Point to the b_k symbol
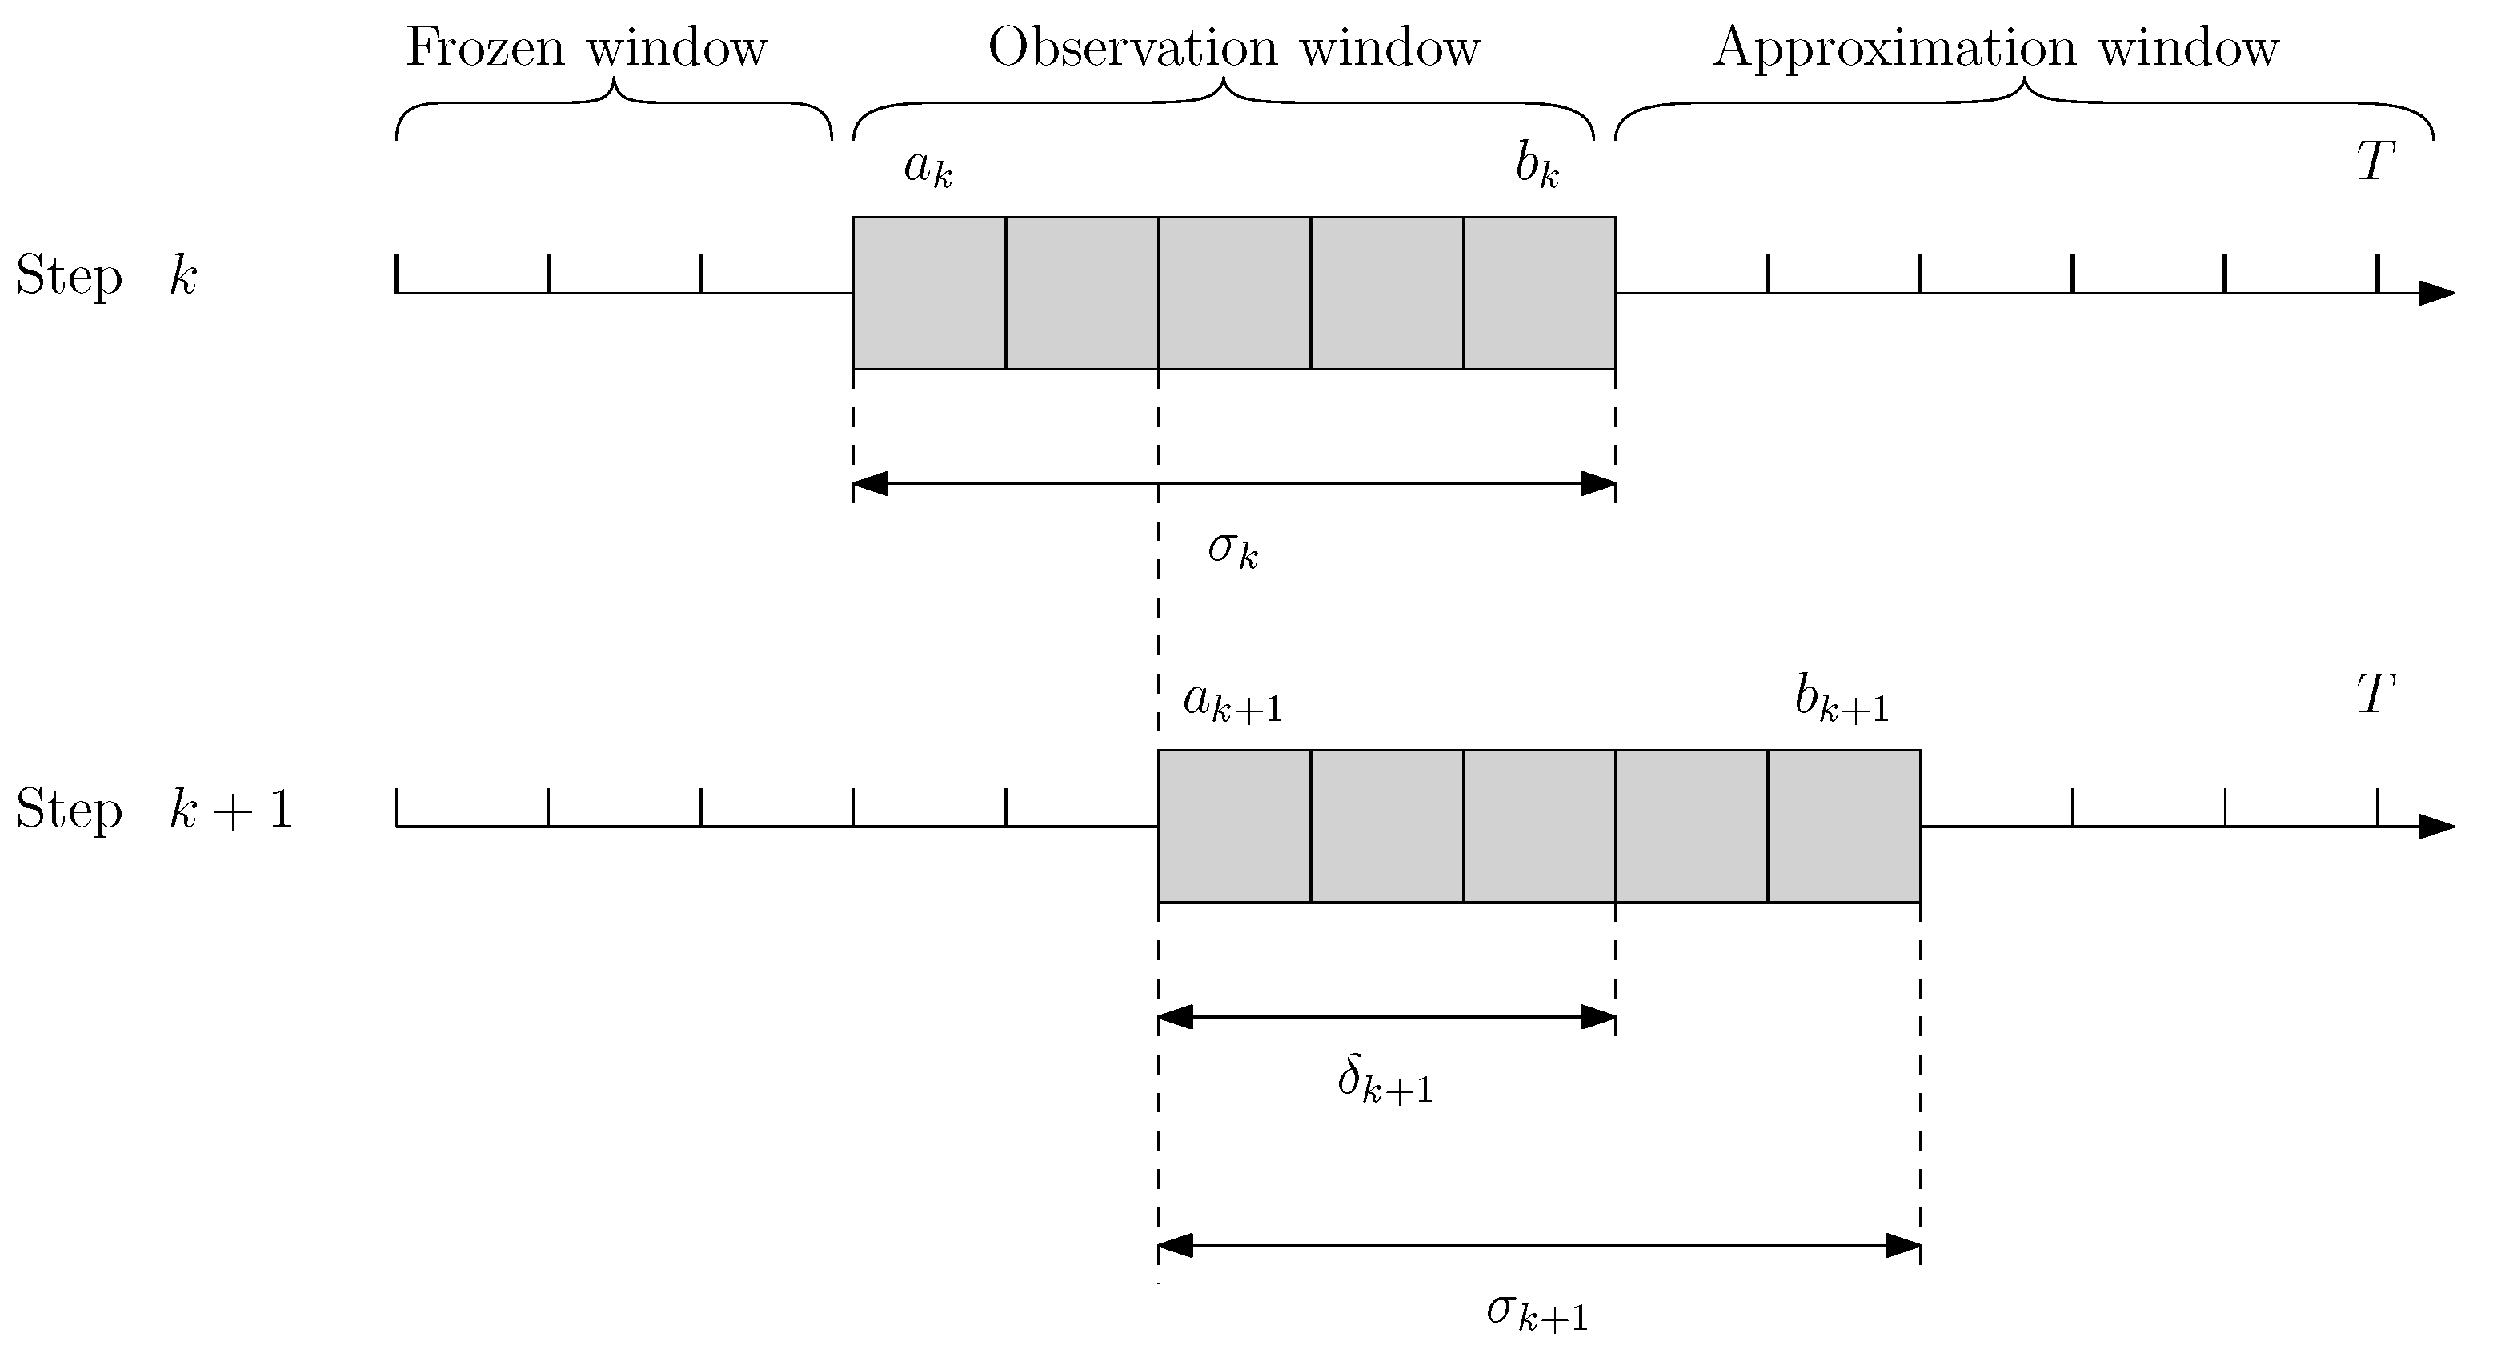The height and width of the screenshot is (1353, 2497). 1537,166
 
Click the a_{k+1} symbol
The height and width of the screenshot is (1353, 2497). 1232,701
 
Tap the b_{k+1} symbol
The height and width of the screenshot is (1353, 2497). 1841,700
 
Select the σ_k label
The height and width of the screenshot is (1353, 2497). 1232,550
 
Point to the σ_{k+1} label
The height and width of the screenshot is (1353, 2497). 1537,1312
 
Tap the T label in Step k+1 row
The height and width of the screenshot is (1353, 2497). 2375,695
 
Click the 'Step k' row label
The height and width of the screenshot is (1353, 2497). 106,276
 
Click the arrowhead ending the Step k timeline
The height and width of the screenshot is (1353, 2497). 2437,293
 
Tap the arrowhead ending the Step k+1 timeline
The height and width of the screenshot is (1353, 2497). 2437,827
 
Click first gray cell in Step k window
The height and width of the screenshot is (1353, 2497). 928,293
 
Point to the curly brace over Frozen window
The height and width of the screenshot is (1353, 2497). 614,106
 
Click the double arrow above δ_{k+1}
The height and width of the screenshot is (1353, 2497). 1386,1017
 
